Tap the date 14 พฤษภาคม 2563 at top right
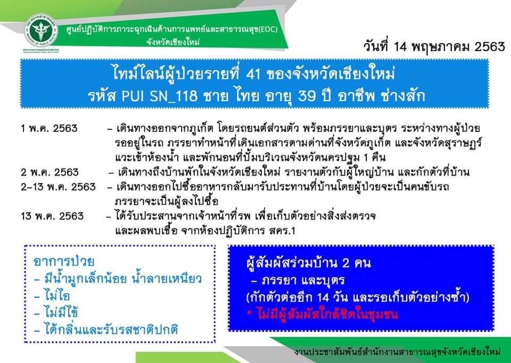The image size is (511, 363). tap(449, 47)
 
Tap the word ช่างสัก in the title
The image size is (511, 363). tap(403, 95)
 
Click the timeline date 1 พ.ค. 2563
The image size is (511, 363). tap(49, 128)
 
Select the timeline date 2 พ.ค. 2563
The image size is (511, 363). tap(50, 172)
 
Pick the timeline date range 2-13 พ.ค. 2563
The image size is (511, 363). tap(59, 187)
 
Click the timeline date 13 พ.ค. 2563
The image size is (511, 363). tap(52, 216)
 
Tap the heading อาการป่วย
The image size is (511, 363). tap(64, 261)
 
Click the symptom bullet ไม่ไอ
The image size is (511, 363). tap(52, 295)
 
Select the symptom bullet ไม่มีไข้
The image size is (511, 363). tap(56, 312)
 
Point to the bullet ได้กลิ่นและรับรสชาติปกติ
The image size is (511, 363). tap(106, 329)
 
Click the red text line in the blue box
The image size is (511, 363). tap(323, 315)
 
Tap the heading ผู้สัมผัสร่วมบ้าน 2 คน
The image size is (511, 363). tap(309, 262)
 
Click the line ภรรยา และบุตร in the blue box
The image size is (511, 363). tap(298, 280)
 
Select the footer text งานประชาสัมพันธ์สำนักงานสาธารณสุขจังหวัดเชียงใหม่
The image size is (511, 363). tap(397, 352)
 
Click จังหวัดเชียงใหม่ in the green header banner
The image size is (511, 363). tap(172, 42)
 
